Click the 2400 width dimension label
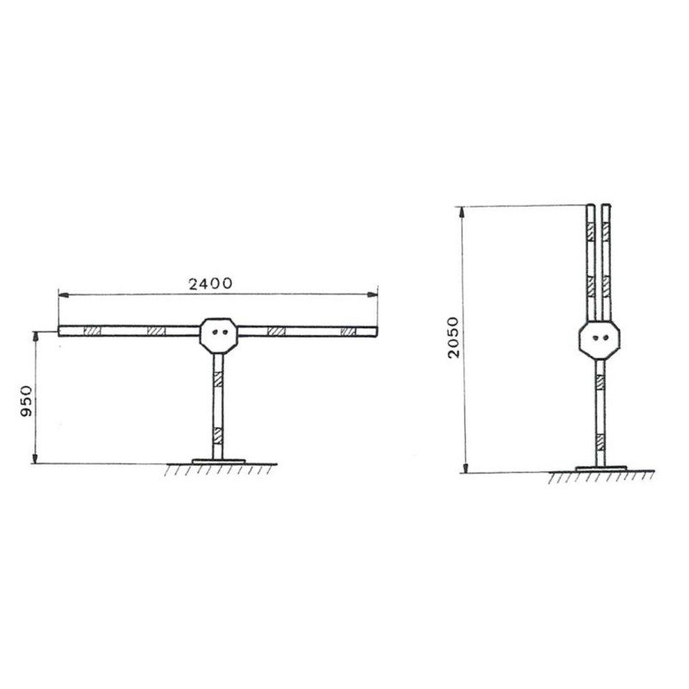point(210,284)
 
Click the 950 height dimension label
point(27,401)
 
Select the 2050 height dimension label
point(454,337)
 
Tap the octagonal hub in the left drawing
point(219,336)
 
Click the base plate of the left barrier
point(219,462)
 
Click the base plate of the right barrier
point(600,469)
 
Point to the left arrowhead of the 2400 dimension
point(64,295)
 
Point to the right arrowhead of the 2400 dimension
point(372,295)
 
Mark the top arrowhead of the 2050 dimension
point(462,212)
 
